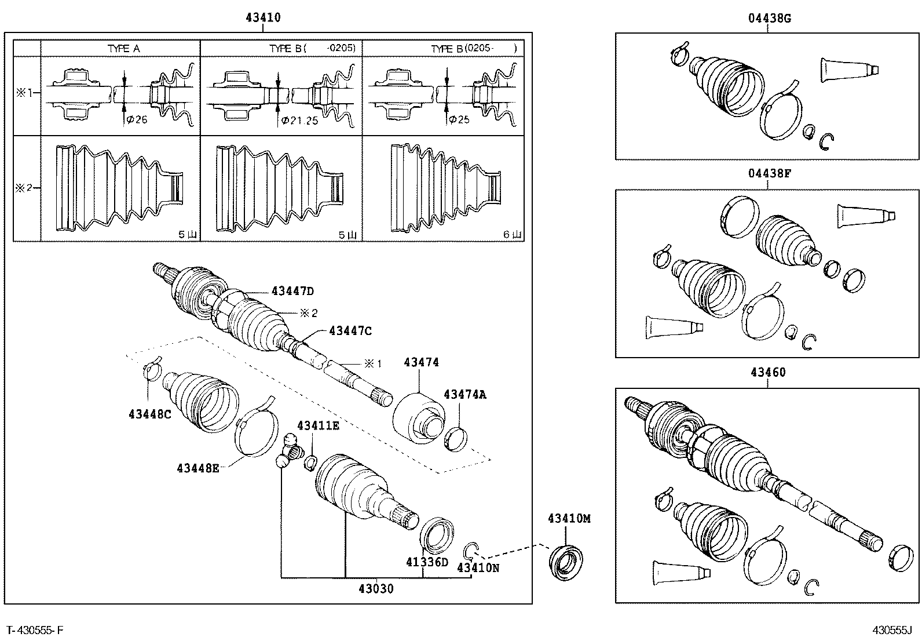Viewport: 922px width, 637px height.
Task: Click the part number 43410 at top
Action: coord(263,17)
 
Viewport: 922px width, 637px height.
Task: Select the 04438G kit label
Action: coord(769,18)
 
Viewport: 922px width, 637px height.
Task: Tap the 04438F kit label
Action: coord(769,173)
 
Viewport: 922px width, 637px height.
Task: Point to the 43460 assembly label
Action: coord(768,372)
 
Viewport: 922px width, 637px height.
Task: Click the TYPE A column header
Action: coord(123,49)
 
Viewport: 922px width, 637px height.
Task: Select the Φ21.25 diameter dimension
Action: coord(299,120)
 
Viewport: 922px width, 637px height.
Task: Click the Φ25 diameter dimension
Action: coord(459,119)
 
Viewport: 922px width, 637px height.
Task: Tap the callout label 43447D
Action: coord(293,292)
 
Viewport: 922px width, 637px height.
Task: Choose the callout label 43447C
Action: coord(350,331)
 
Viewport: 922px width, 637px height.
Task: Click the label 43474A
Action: coord(465,394)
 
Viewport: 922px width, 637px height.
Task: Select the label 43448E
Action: coord(198,468)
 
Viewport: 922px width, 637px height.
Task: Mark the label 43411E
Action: coord(318,426)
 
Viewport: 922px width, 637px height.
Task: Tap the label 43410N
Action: coord(478,567)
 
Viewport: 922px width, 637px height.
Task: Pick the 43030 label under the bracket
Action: coord(376,589)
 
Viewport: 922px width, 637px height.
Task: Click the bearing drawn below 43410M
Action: coord(566,561)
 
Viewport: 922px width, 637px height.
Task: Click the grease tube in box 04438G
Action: coord(850,70)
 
